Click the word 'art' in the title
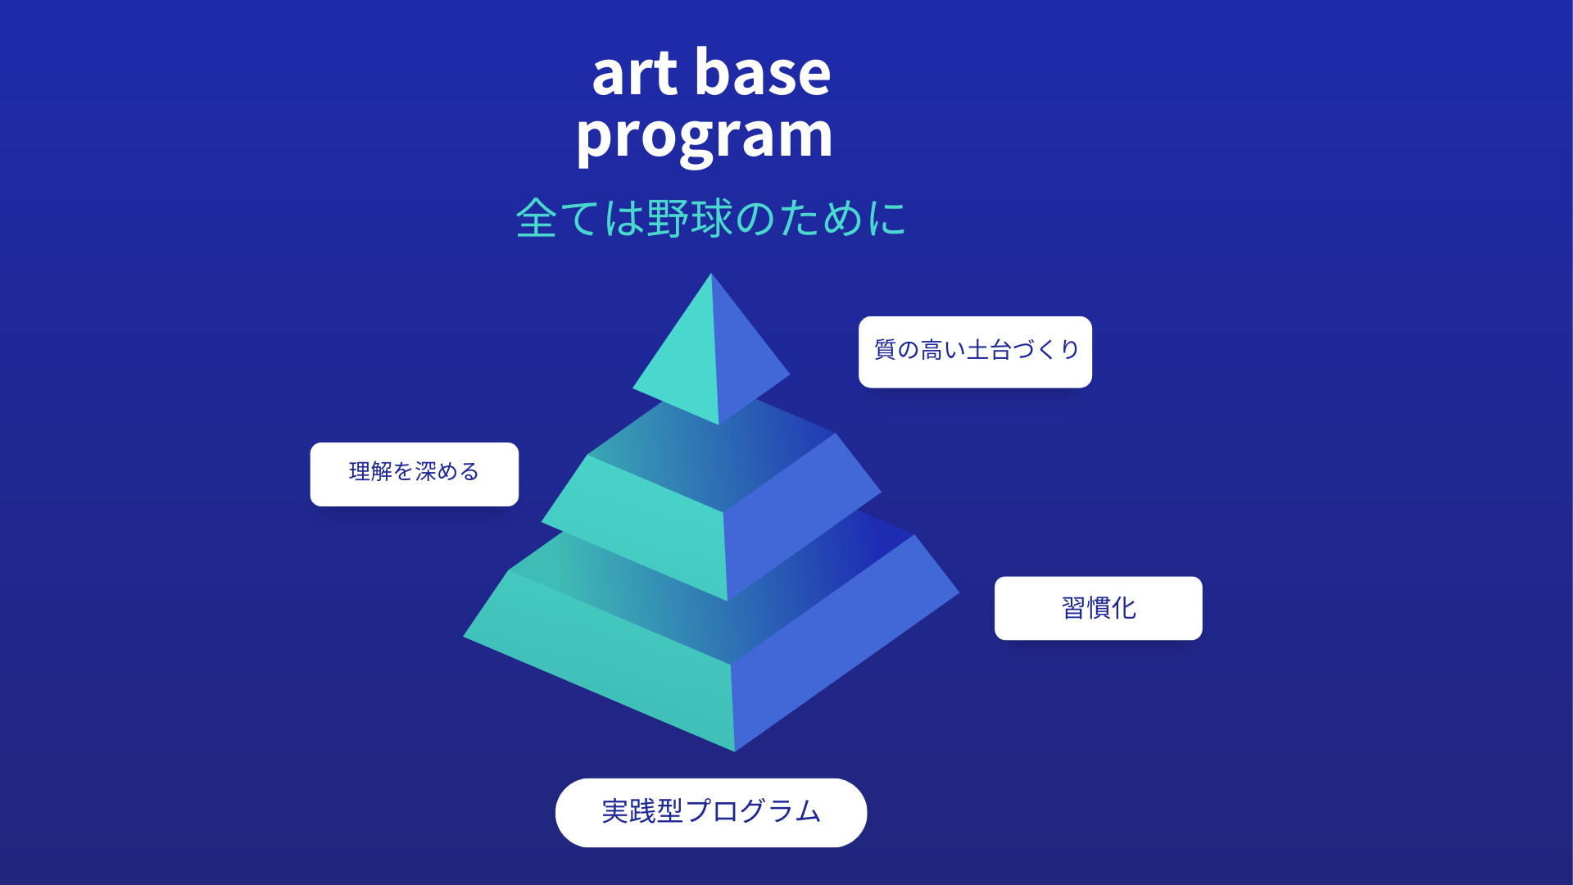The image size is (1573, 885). (x=635, y=74)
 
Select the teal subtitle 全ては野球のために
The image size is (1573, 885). (x=710, y=218)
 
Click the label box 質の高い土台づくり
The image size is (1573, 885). (x=975, y=352)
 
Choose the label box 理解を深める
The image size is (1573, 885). (x=414, y=474)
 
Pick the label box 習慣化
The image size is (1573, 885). (x=1098, y=608)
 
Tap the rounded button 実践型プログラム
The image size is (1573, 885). (x=710, y=812)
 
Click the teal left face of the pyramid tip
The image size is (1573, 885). (x=684, y=361)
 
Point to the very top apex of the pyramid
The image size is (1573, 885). (x=711, y=274)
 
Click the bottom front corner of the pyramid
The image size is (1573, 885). (x=735, y=751)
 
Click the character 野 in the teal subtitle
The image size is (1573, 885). (x=667, y=218)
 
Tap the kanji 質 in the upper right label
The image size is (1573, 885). (x=885, y=350)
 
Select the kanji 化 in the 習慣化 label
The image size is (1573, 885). (x=1124, y=608)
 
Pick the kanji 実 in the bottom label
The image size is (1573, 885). (x=615, y=811)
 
